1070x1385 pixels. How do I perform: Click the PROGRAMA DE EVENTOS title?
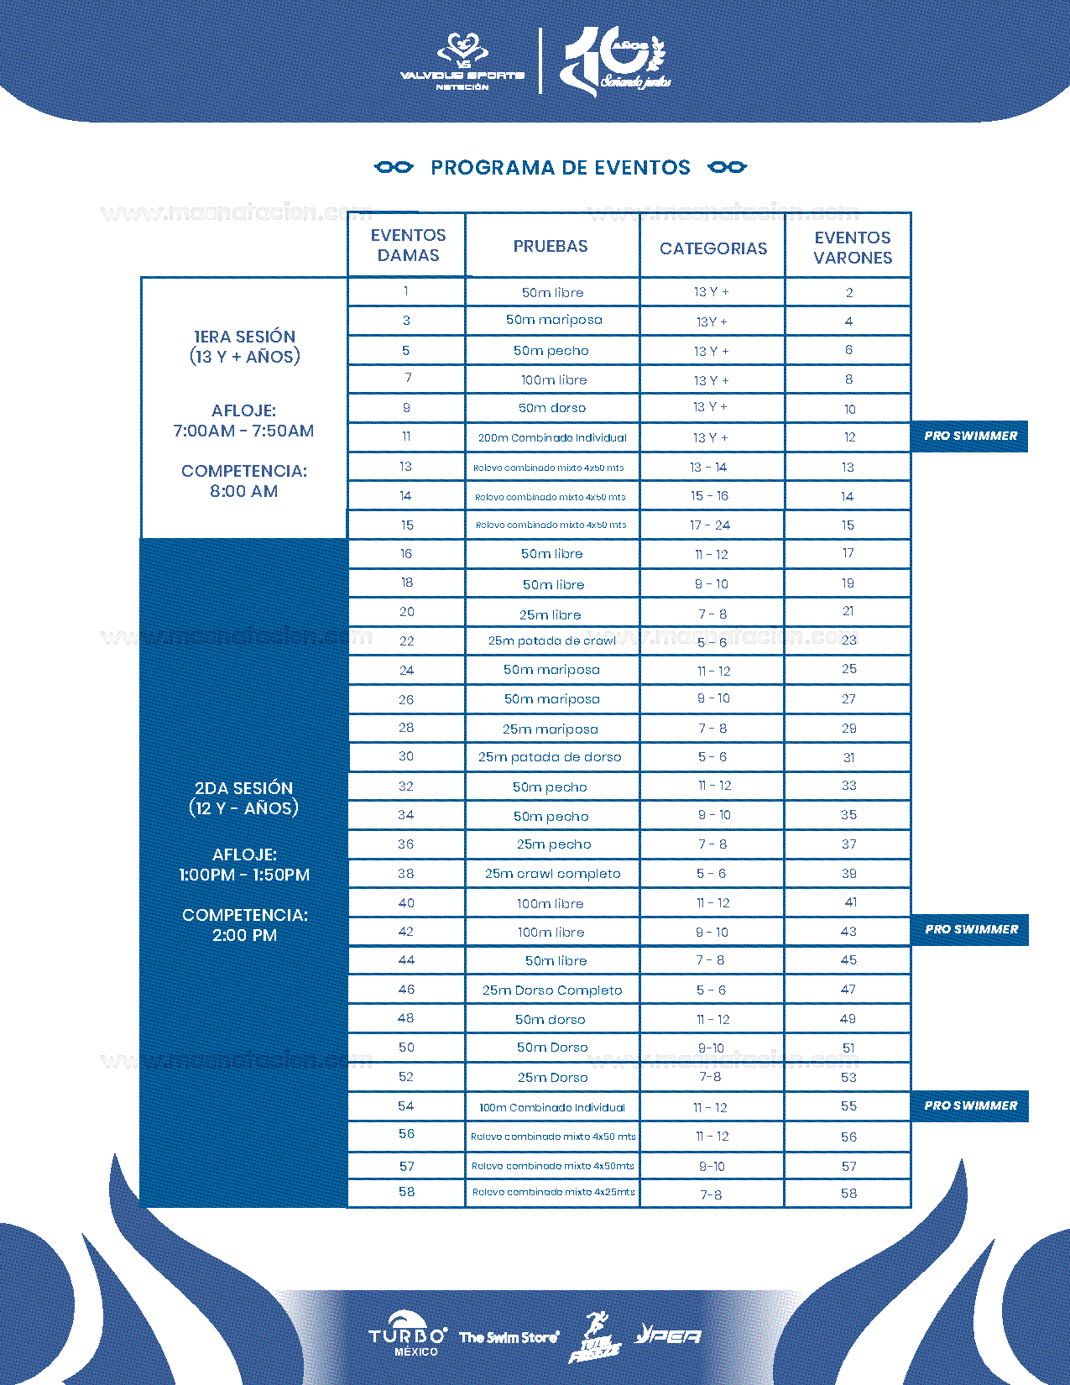point(560,168)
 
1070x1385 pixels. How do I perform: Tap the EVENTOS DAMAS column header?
point(408,245)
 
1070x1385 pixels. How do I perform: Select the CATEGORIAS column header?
point(712,248)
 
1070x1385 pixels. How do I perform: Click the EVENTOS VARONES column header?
point(852,248)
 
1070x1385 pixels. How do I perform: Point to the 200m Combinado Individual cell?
point(552,437)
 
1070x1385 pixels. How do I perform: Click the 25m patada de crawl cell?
point(552,641)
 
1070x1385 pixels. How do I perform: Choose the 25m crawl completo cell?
point(552,874)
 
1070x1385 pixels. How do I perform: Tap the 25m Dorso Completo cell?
point(552,990)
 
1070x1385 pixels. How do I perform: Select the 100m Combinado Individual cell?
point(552,1108)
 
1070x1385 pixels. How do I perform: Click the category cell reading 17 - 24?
point(710,525)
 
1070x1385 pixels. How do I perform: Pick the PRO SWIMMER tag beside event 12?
point(970,436)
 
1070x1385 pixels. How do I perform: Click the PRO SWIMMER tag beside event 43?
point(971,930)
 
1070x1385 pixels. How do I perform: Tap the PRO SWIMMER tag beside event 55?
point(971,1106)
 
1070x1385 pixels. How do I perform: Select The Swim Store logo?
point(509,1337)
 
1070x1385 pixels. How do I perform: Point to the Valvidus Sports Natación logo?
point(462,61)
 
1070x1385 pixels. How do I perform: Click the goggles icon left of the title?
point(394,167)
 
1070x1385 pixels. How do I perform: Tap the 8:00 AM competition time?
point(243,492)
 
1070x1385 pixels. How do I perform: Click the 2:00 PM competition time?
point(244,936)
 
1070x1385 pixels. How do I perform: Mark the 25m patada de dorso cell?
point(550,757)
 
